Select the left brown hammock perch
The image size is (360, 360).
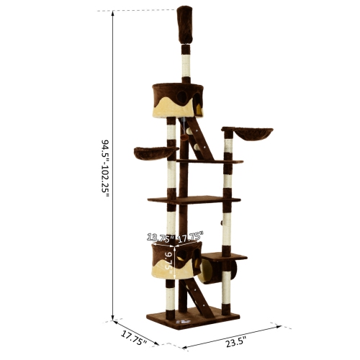(x=155, y=153)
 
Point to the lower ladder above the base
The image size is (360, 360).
(x=199, y=300)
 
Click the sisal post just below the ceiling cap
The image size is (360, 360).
(x=185, y=62)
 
